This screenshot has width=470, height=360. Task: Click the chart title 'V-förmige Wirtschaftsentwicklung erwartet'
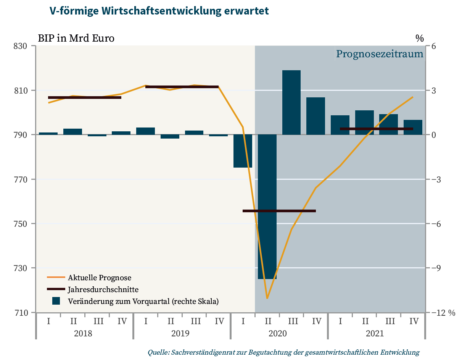[x=159, y=11]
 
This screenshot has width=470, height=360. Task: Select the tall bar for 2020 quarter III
[x=291, y=102]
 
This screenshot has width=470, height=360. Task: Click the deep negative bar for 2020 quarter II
[x=267, y=206]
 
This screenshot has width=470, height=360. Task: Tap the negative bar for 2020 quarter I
[x=243, y=151]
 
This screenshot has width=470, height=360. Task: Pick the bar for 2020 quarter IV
[x=315, y=116]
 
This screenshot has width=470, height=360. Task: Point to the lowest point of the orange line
[x=267, y=298]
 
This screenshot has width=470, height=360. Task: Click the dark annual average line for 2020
[x=279, y=211]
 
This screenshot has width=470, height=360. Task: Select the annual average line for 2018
[x=85, y=97]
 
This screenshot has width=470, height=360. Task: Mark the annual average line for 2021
[x=376, y=129]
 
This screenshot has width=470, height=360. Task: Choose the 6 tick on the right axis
[x=434, y=46]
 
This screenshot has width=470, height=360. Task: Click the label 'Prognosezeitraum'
[x=380, y=54]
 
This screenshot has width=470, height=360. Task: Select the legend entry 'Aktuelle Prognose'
[x=99, y=277]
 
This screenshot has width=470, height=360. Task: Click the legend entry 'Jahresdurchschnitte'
[x=103, y=289]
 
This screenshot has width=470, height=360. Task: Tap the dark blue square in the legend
[x=56, y=301]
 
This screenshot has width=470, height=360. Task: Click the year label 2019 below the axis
[x=180, y=333]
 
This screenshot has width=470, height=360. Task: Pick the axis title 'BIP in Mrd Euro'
[x=76, y=38]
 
